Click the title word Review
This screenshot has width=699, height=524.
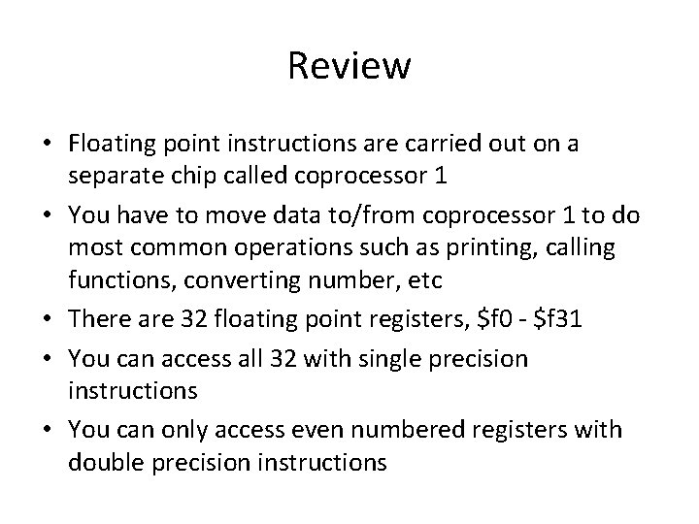point(349,66)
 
